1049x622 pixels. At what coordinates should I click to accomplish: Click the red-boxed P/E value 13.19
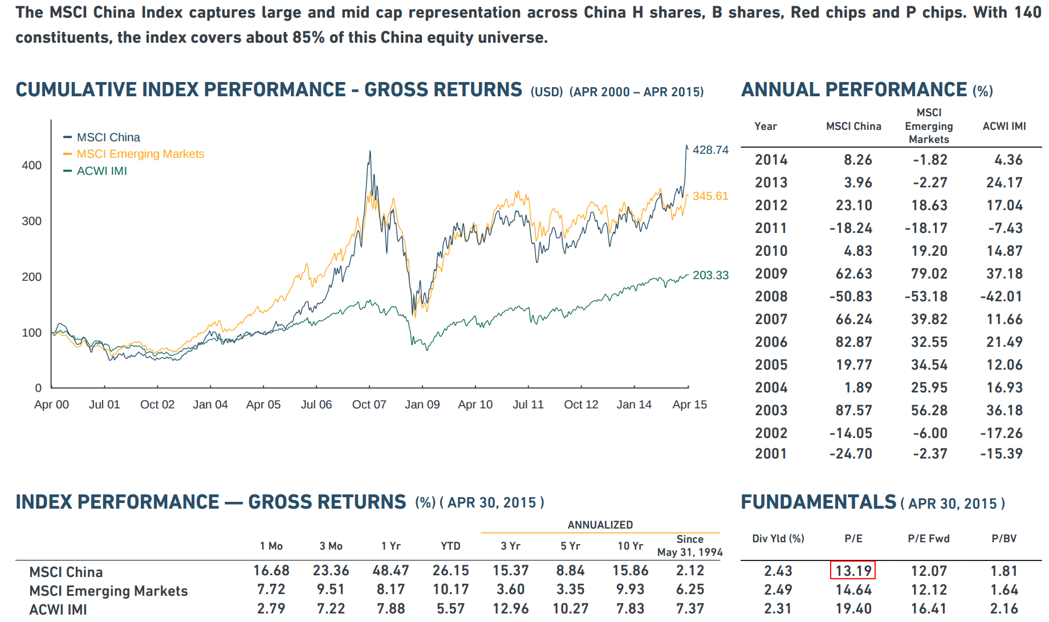853,570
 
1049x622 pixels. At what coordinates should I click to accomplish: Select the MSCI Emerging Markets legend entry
140,154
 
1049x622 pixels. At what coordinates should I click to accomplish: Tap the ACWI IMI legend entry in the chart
101,171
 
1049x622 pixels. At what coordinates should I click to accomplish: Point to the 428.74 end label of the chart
710,150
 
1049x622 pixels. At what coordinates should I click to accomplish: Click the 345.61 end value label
710,196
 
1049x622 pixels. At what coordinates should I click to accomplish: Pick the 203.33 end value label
710,275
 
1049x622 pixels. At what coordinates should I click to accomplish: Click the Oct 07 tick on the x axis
369,404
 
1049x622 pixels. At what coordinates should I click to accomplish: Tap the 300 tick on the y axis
32,221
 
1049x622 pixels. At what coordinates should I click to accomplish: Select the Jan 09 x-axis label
422,404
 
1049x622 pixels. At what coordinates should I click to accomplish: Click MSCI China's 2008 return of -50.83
851,296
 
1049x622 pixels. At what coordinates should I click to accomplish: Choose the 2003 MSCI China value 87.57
853,410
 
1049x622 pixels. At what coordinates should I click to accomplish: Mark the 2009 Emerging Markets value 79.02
929,273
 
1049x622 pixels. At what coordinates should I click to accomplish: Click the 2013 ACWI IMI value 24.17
1004,182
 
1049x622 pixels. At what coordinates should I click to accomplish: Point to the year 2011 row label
771,228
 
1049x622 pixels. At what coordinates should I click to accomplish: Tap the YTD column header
450,546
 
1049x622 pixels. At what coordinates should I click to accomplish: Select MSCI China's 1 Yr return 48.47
391,570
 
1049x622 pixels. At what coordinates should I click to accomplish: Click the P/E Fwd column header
929,538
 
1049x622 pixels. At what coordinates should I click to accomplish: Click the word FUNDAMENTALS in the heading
819,502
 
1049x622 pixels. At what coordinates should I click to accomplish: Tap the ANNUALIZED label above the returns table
600,525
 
